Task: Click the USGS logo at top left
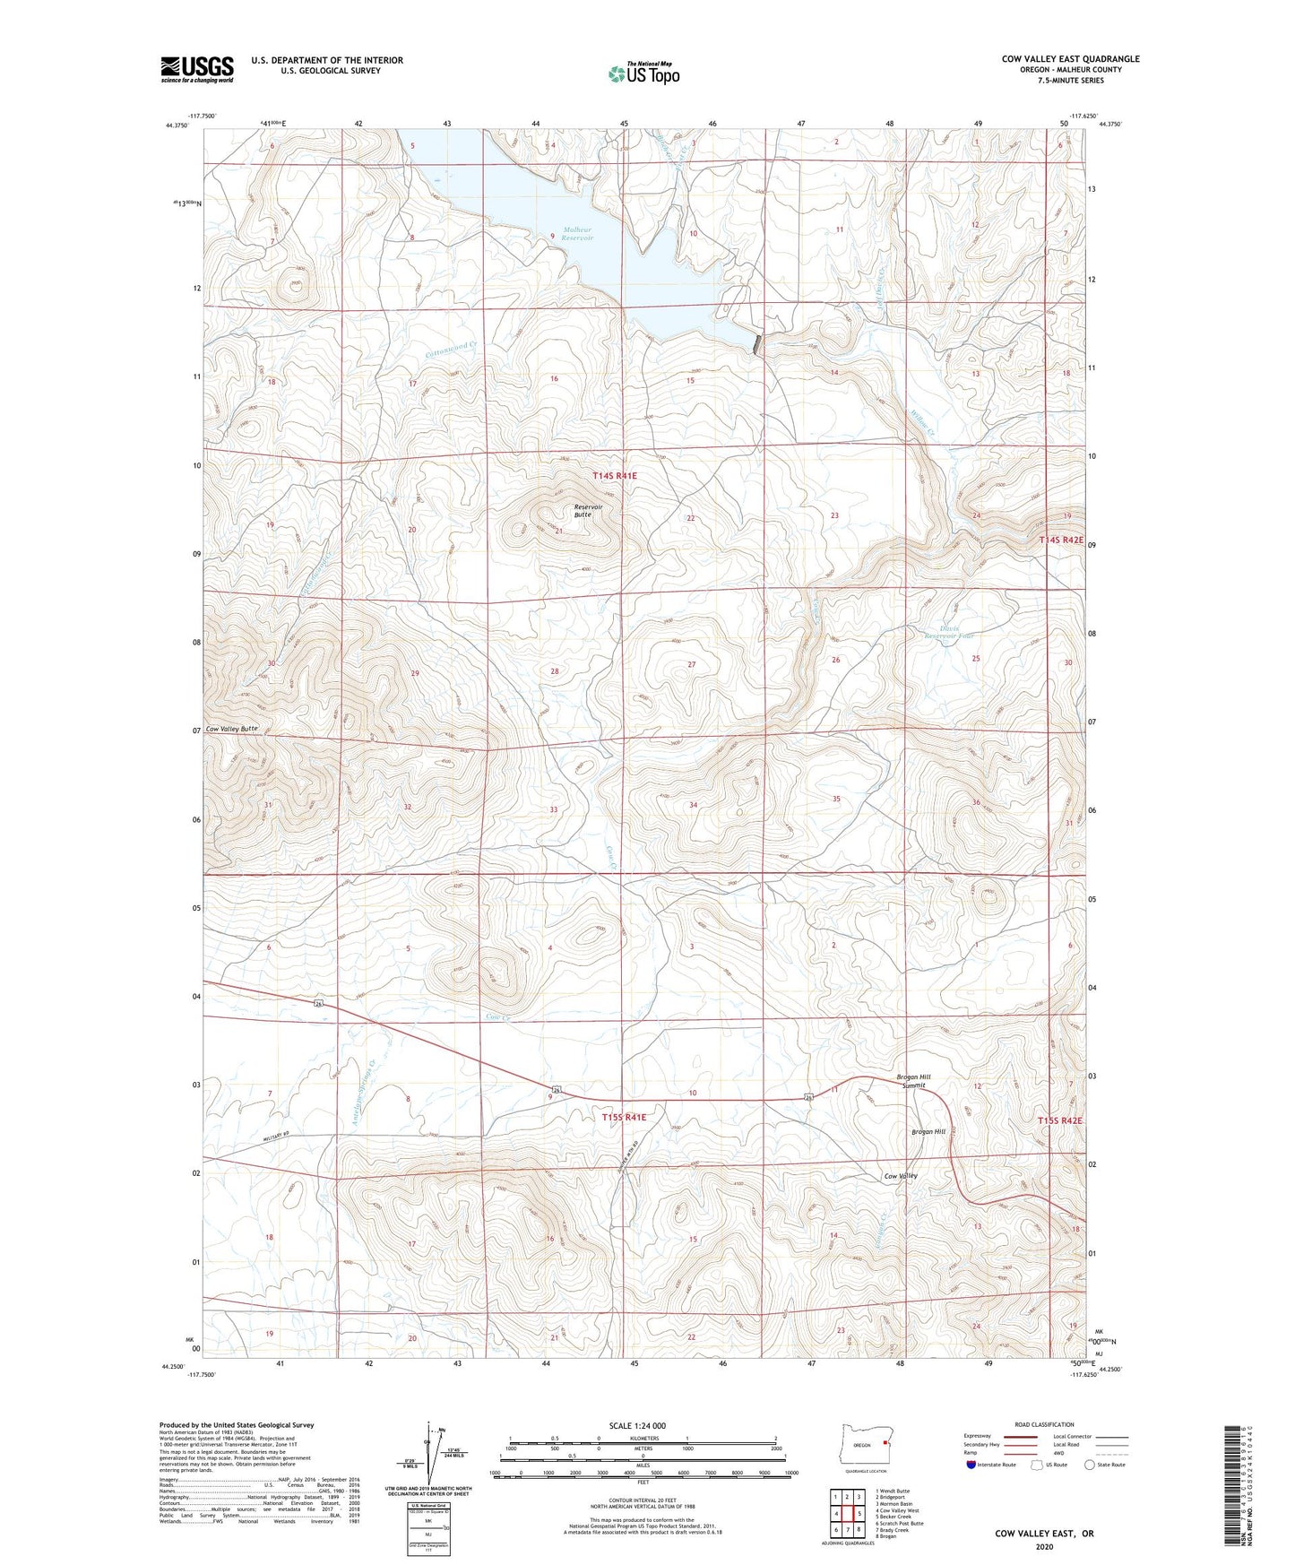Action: [x=197, y=68]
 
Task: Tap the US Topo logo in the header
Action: [x=643, y=73]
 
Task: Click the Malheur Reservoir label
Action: [x=574, y=234]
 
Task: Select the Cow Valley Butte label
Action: [x=231, y=729]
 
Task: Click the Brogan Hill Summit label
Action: [x=914, y=1081]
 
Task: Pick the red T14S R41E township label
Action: [x=614, y=476]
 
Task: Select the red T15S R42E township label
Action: [x=1061, y=1120]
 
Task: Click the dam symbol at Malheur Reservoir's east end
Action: [x=758, y=344]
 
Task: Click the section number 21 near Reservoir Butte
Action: [x=558, y=532]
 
